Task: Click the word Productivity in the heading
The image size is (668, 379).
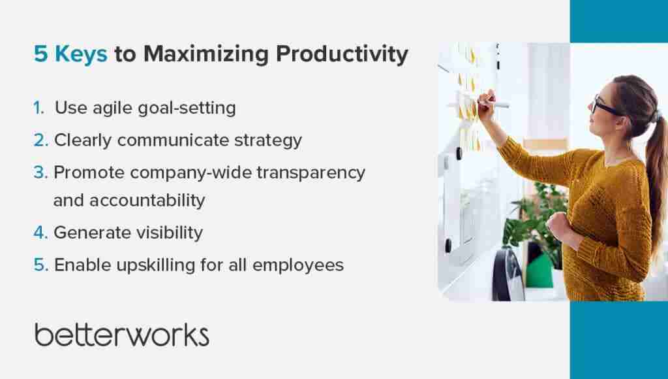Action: (x=342, y=55)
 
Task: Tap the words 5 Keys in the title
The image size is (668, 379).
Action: (x=70, y=55)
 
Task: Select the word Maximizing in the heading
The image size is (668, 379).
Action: (x=207, y=55)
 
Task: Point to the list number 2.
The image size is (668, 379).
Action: (x=40, y=140)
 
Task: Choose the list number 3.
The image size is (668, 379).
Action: (x=40, y=173)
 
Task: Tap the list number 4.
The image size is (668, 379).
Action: (x=40, y=233)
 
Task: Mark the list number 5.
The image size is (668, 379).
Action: (x=40, y=265)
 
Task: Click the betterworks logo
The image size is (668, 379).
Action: (x=121, y=334)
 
